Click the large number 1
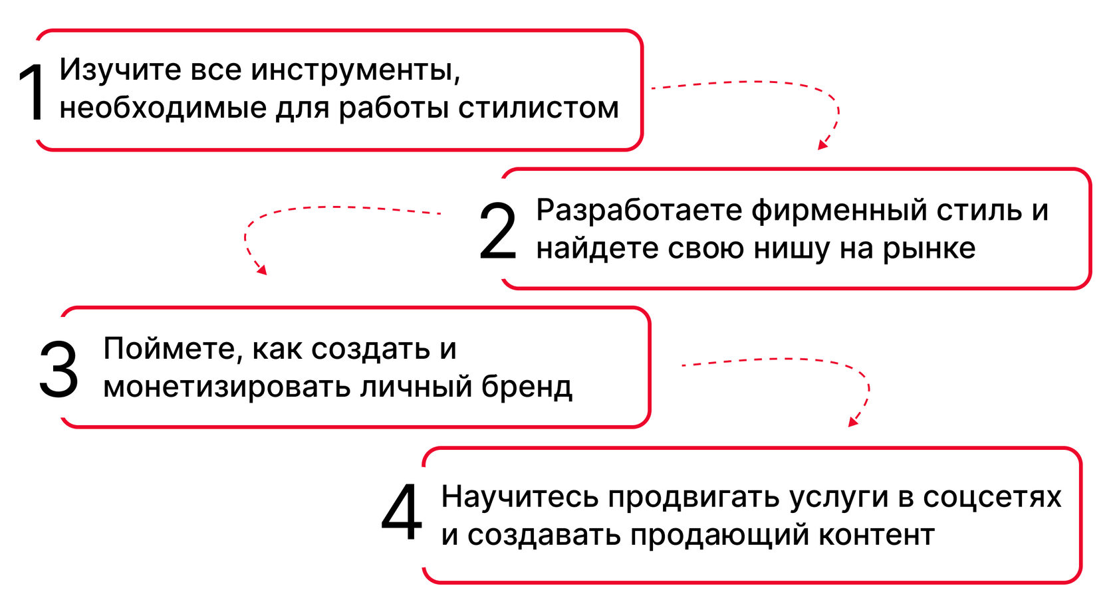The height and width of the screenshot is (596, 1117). (33, 93)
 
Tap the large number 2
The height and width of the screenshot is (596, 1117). (497, 232)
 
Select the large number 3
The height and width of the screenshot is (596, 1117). (59, 370)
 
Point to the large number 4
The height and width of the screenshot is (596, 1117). (402, 512)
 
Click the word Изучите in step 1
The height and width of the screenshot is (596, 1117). (120, 70)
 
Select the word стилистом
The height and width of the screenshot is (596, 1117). (539, 108)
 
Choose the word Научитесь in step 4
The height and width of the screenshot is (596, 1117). (519, 498)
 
